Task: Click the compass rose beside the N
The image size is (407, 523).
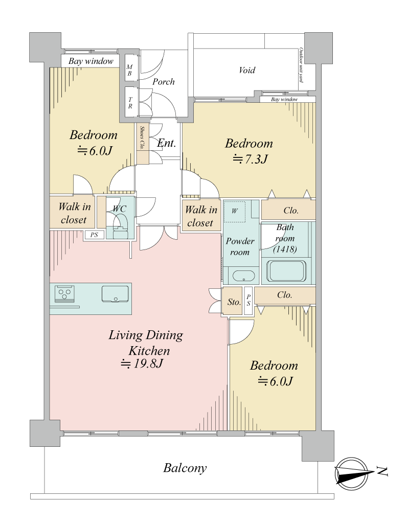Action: click(x=351, y=473)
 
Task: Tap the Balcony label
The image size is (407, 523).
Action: click(x=185, y=468)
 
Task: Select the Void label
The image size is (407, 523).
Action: click(x=247, y=70)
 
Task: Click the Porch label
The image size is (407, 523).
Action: click(x=164, y=82)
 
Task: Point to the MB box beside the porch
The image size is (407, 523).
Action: click(x=130, y=71)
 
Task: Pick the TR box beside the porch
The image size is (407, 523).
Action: click(x=130, y=102)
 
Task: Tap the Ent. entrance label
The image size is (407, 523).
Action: click(x=167, y=143)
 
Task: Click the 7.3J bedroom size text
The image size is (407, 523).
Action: click(x=251, y=159)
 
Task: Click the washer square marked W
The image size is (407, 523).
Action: click(x=235, y=211)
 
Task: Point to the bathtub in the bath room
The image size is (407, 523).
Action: click(x=286, y=270)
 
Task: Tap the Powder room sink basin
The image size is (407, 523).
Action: click(x=243, y=276)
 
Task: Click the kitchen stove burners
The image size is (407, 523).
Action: click(x=64, y=294)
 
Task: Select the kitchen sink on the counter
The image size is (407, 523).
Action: click(x=115, y=294)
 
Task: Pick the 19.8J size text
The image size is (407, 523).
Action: click(x=142, y=363)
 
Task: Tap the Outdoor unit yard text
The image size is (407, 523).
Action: click(x=301, y=65)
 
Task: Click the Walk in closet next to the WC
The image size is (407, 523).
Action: click(x=73, y=213)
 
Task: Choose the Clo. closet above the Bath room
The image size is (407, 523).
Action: click(x=288, y=210)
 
